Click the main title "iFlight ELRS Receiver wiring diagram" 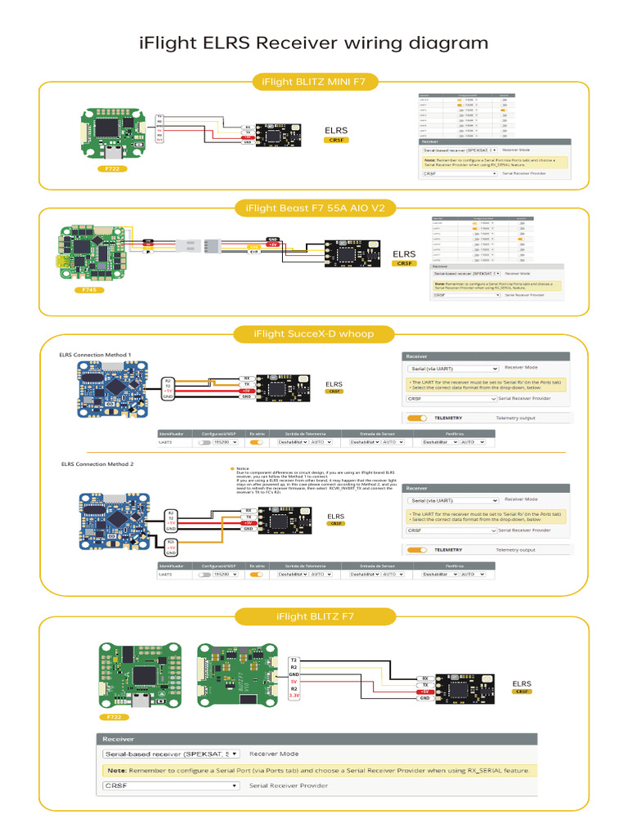(314, 43)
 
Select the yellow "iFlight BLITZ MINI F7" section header (314, 82)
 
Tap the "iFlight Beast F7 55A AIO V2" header (314, 208)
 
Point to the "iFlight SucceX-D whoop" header (314, 333)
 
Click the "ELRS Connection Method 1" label (95, 355)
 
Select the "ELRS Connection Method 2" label (97, 463)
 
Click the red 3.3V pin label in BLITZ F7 (294, 697)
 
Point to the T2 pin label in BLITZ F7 (294, 659)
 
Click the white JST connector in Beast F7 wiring (188, 244)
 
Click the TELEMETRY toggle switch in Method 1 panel (417, 418)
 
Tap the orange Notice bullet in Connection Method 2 (232, 469)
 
